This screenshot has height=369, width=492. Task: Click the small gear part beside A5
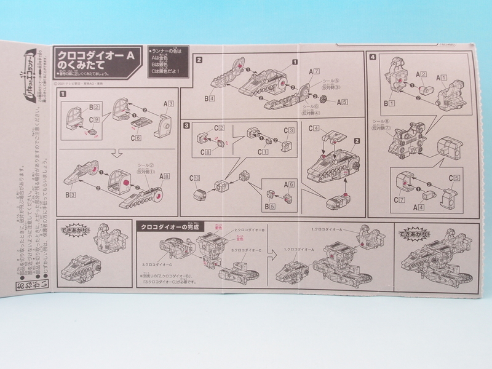pyautogui.click(x=319, y=101)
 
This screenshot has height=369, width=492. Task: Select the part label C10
pyautogui.click(x=196, y=178)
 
